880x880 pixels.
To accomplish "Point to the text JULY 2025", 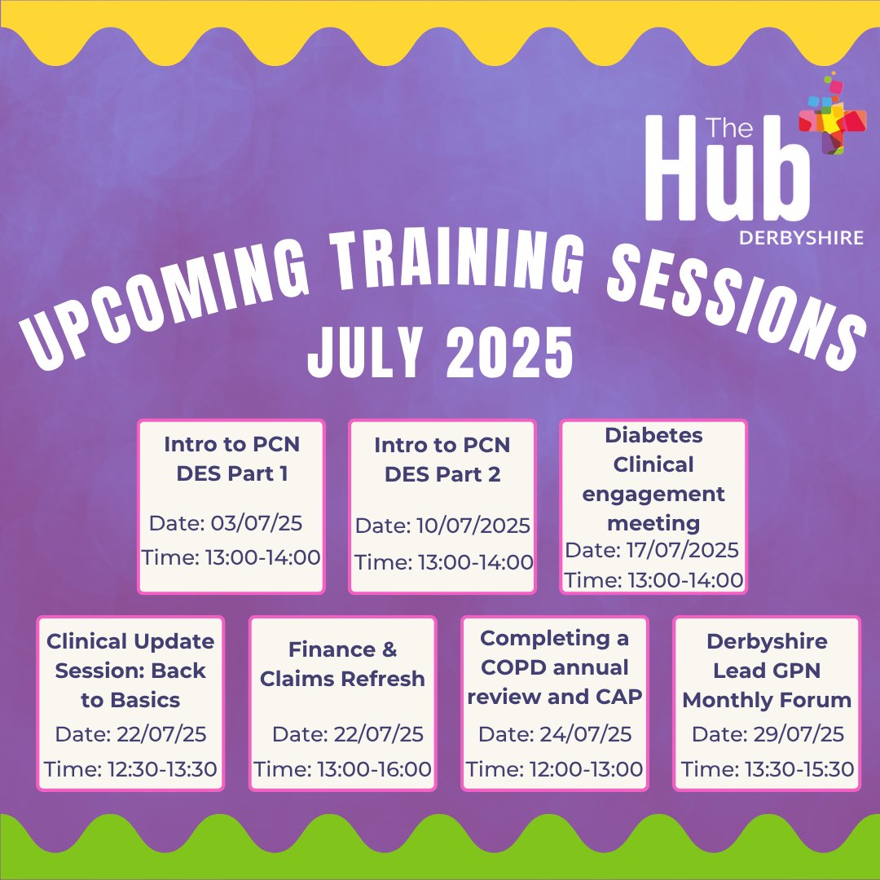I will [x=439, y=351].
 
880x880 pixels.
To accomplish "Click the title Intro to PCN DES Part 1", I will [x=231, y=460].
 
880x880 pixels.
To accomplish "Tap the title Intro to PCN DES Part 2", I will [x=442, y=460].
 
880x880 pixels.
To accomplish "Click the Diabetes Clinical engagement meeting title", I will [x=653, y=479].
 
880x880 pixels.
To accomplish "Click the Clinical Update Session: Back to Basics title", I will [x=130, y=671].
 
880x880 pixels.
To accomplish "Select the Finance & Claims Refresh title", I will [x=342, y=664].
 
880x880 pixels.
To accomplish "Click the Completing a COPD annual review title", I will [x=554, y=667].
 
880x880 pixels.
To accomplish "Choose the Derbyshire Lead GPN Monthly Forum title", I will [x=767, y=671].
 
